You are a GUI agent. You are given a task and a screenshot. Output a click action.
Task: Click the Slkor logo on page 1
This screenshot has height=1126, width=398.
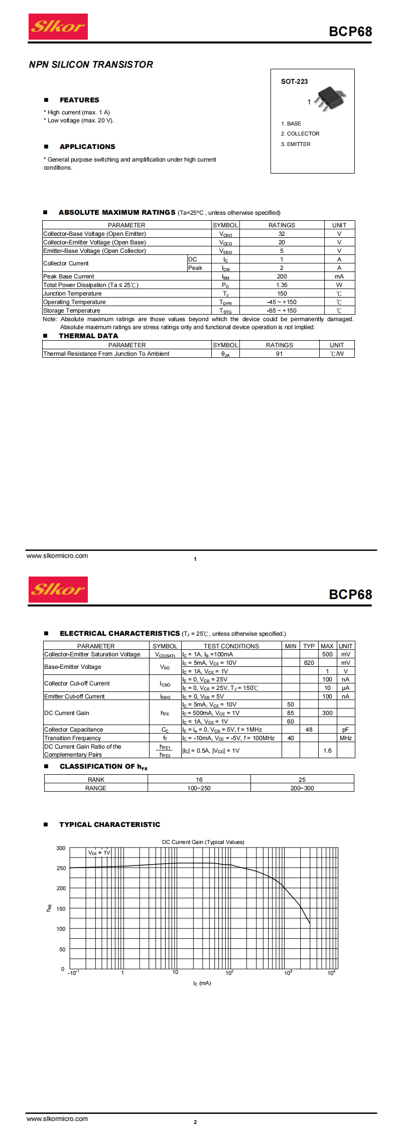(58, 27)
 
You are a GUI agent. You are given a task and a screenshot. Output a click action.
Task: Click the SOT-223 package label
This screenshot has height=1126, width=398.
(294, 81)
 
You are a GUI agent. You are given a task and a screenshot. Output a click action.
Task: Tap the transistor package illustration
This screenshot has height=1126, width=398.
(330, 98)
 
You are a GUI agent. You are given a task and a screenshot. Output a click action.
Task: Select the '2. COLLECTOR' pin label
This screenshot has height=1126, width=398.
(300, 133)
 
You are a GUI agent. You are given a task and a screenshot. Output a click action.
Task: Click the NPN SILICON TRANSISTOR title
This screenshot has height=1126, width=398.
(91, 64)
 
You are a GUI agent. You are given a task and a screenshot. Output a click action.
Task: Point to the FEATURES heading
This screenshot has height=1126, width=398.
(79, 100)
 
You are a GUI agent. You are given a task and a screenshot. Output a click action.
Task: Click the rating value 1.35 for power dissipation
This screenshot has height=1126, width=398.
(282, 285)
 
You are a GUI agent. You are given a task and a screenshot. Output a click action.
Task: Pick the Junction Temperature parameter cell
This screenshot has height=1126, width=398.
(72, 294)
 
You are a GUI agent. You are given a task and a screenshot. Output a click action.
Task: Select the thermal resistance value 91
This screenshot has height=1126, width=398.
(279, 354)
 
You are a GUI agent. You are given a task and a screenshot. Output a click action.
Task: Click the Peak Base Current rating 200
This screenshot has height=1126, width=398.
(282, 276)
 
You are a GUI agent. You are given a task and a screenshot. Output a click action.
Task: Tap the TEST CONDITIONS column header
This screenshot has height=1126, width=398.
(231, 646)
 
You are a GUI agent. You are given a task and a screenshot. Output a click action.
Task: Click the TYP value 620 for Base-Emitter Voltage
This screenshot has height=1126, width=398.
(309, 663)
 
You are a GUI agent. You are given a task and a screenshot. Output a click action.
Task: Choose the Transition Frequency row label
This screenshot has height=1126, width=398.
(73, 738)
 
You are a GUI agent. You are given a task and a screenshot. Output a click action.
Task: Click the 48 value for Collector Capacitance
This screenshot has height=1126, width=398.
(309, 730)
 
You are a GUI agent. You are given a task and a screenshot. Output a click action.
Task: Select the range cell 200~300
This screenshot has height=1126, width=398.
(302, 788)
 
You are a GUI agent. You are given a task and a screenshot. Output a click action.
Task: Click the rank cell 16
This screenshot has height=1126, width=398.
(199, 780)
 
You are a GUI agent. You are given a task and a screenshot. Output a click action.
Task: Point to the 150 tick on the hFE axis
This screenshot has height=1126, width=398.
(61, 909)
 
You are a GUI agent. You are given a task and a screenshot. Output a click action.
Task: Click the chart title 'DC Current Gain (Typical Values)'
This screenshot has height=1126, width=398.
(203, 842)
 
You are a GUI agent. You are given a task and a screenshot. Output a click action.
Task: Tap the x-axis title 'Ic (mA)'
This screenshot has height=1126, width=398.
(202, 983)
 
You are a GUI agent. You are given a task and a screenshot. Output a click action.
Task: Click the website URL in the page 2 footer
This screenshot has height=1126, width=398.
(57, 1118)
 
